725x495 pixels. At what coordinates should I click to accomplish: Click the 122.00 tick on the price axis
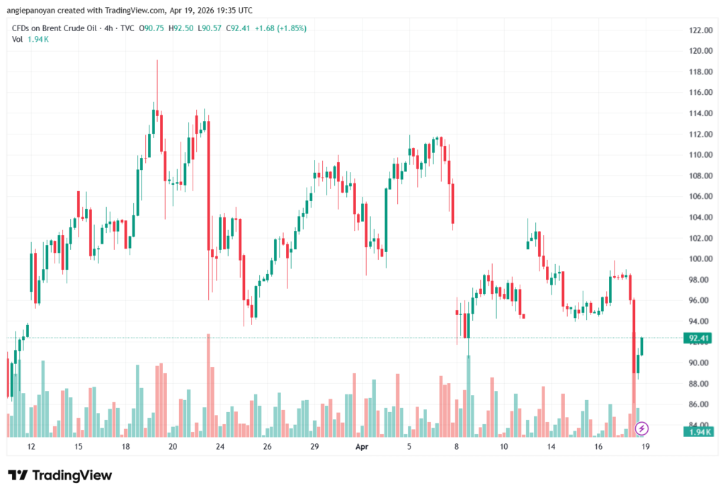point(700,30)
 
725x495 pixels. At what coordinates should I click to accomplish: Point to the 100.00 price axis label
point(700,258)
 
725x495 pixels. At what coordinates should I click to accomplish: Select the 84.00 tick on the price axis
point(700,425)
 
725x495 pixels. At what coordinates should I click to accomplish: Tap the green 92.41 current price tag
point(698,338)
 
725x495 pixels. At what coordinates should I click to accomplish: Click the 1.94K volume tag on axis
point(698,431)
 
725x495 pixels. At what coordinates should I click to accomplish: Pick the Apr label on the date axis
point(362,448)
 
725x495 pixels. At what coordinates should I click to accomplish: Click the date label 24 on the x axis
point(220,448)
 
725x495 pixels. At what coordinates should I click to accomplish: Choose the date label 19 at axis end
point(646,448)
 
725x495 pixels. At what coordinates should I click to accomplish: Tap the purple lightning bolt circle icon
point(641,428)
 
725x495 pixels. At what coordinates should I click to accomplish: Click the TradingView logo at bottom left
point(59,475)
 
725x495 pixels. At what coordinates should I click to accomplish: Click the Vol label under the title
point(18,39)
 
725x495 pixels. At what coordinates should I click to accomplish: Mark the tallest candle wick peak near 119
point(157,62)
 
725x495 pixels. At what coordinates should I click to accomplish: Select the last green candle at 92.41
point(642,347)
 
